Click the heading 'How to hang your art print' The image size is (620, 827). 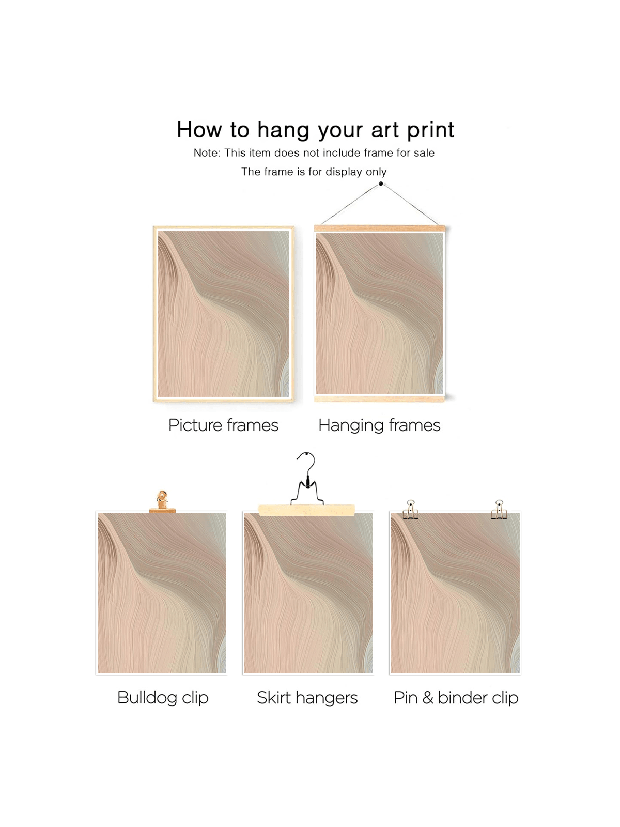316,130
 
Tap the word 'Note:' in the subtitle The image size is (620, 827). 207,152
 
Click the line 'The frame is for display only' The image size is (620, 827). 314,172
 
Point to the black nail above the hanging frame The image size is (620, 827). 381,184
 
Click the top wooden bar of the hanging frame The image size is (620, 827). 380,228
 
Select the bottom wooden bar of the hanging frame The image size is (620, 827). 379,399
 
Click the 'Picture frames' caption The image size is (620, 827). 223,425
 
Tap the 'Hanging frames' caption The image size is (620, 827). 379,426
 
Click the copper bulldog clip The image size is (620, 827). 162,502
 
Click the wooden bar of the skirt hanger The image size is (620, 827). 306,510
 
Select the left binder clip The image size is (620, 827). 411,510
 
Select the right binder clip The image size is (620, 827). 499,510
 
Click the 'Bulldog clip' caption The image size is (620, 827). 163,698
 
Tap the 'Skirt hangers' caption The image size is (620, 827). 307,698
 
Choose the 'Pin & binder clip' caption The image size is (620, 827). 456,698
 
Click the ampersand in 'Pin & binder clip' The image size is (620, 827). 428,698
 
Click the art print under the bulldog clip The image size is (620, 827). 162,593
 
